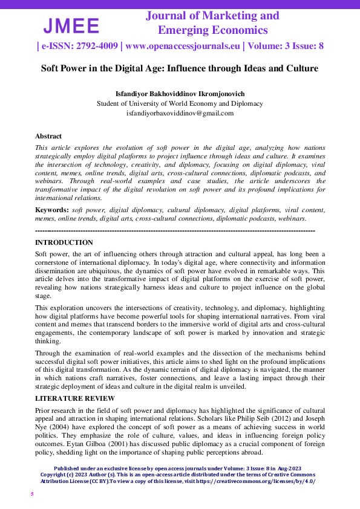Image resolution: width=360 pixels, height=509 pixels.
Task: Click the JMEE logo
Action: (x=71, y=26)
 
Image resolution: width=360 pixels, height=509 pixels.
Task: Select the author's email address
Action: (x=180, y=113)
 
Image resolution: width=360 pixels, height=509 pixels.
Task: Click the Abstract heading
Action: (x=48, y=137)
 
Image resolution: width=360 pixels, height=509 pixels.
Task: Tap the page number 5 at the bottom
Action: (x=33, y=494)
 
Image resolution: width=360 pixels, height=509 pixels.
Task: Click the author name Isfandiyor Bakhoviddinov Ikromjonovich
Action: (x=180, y=94)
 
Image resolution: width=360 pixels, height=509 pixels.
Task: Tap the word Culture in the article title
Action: (x=302, y=68)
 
